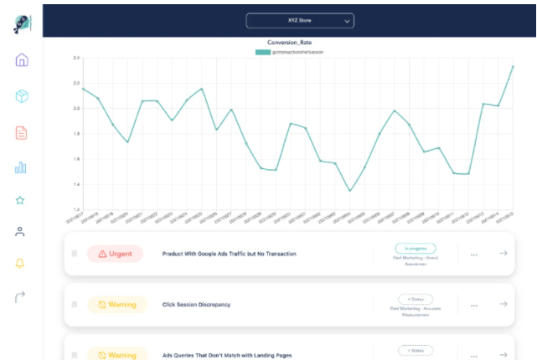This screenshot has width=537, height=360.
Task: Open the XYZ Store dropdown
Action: (300, 20)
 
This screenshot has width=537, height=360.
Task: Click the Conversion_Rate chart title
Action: (290, 43)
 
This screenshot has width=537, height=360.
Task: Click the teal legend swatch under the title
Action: (263, 52)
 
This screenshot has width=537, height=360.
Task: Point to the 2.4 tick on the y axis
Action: (75, 58)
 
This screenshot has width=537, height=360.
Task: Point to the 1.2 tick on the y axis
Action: (75, 209)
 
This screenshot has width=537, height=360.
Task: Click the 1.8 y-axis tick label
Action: (75, 134)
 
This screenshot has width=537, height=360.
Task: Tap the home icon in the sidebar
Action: (21, 60)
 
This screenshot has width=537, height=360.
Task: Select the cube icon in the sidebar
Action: (21, 96)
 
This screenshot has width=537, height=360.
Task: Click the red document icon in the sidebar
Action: (21, 132)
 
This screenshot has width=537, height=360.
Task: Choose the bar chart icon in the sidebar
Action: (21, 167)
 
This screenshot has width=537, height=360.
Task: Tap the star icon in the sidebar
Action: (21, 200)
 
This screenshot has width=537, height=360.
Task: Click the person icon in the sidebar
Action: (21, 232)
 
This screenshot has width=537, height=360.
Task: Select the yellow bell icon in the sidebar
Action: (21, 263)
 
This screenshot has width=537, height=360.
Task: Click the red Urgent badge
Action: (115, 254)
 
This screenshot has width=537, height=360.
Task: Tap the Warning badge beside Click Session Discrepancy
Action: (116, 305)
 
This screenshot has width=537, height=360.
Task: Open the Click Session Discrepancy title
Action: (196, 305)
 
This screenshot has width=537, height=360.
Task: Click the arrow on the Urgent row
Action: (503, 254)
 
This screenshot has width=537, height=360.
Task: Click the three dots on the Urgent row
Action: (474, 255)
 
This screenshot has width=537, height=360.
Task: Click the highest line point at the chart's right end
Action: (512, 66)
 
